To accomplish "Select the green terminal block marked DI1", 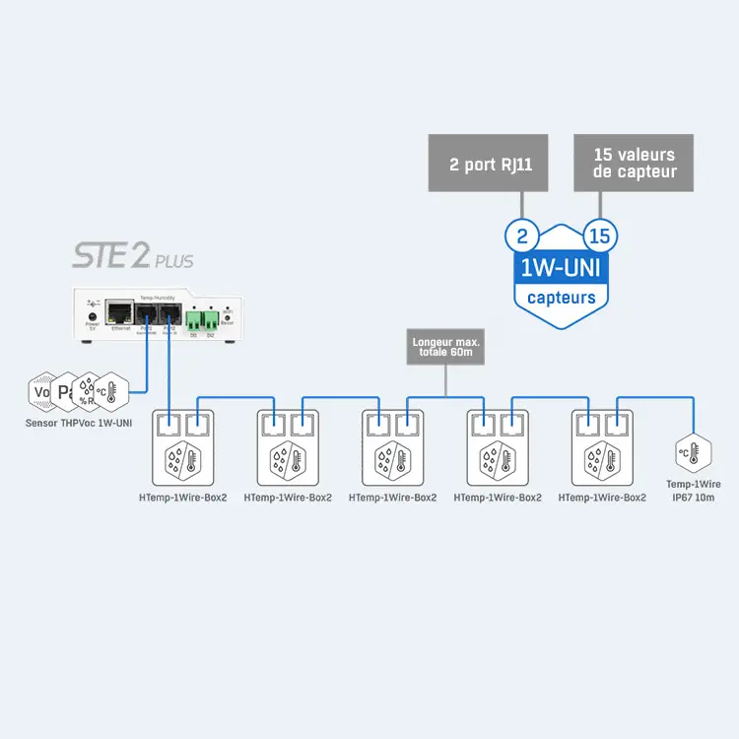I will [x=192, y=319].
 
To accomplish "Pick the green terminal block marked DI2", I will [x=210, y=319].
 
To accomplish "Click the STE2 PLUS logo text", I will [x=132, y=258].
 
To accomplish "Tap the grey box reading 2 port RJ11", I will [x=490, y=164].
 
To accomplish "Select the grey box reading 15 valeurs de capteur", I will [x=634, y=163].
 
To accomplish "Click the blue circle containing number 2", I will [x=521, y=236].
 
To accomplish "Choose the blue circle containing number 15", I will [x=599, y=236].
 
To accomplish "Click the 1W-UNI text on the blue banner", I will [x=561, y=268].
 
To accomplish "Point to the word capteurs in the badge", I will [x=561, y=297].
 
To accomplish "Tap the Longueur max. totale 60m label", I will [x=446, y=348].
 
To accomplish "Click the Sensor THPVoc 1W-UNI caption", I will [x=79, y=424].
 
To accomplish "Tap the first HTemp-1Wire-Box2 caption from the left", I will [x=182, y=498].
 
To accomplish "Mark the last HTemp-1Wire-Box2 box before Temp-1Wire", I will [x=602, y=449].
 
